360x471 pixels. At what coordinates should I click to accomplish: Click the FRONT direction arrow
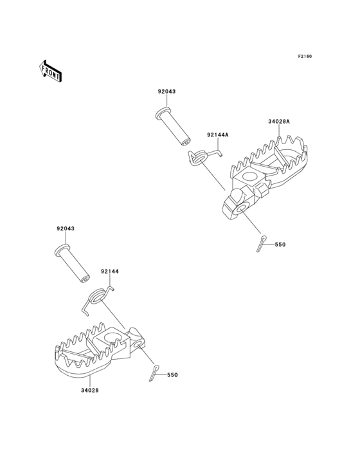(50, 71)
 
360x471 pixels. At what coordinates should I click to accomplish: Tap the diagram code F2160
(305, 56)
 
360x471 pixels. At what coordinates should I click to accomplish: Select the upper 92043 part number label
(166, 91)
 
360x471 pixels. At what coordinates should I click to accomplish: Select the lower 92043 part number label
(66, 228)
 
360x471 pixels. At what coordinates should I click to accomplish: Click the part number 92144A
(218, 135)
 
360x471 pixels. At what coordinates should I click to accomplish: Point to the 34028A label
(279, 122)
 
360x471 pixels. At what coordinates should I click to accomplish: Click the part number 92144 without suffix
(110, 272)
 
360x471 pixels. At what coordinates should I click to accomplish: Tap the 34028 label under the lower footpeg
(90, 391)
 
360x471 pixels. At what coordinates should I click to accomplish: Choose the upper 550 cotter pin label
(280, 245)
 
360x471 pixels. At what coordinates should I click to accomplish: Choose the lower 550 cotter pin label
(172, 375)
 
